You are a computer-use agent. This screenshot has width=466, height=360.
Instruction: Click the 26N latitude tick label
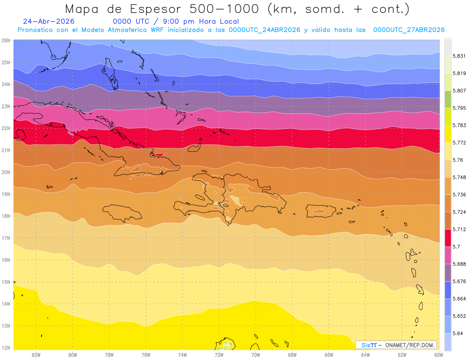[5, 40]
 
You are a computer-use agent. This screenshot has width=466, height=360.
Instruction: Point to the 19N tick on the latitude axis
[5, 194]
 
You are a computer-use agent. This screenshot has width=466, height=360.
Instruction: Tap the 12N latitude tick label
[5, 348]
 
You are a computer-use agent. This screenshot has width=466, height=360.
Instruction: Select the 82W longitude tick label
[36, 355]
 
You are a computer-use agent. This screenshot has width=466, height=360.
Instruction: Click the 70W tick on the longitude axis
[256, 355]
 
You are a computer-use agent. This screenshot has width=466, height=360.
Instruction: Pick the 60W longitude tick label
[438, 355]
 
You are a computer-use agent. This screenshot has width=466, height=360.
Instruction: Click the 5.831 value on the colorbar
[459, 56]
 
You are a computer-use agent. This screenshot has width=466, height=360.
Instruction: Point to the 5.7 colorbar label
[456, 247]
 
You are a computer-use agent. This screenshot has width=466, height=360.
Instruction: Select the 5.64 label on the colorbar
[457, 333]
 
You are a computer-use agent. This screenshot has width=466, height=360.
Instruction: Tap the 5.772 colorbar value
[459, 143]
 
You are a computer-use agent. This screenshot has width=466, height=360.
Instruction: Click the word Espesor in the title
[155, 9]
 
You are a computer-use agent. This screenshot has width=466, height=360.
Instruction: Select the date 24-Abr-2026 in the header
[49, 21]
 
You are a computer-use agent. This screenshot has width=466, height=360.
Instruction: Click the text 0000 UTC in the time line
[131, 21]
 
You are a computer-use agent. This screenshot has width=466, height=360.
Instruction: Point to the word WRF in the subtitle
[157, 30]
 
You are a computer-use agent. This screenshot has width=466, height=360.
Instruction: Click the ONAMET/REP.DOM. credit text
[410, 345]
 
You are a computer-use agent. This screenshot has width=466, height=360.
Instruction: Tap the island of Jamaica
[122, 212]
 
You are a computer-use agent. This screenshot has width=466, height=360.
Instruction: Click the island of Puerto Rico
[320, 211]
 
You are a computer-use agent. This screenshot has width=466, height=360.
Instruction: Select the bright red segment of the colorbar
[448, 238]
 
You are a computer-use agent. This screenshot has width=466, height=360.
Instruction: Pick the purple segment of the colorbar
[448, 273]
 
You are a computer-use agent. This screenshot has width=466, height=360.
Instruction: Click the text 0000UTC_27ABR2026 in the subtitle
[409, 30]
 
